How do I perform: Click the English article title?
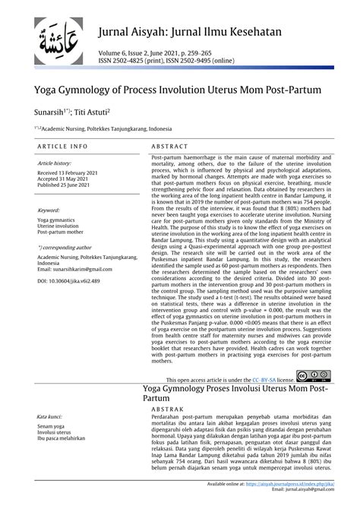175,90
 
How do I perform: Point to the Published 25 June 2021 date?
67,185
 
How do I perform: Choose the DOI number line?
68,281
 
